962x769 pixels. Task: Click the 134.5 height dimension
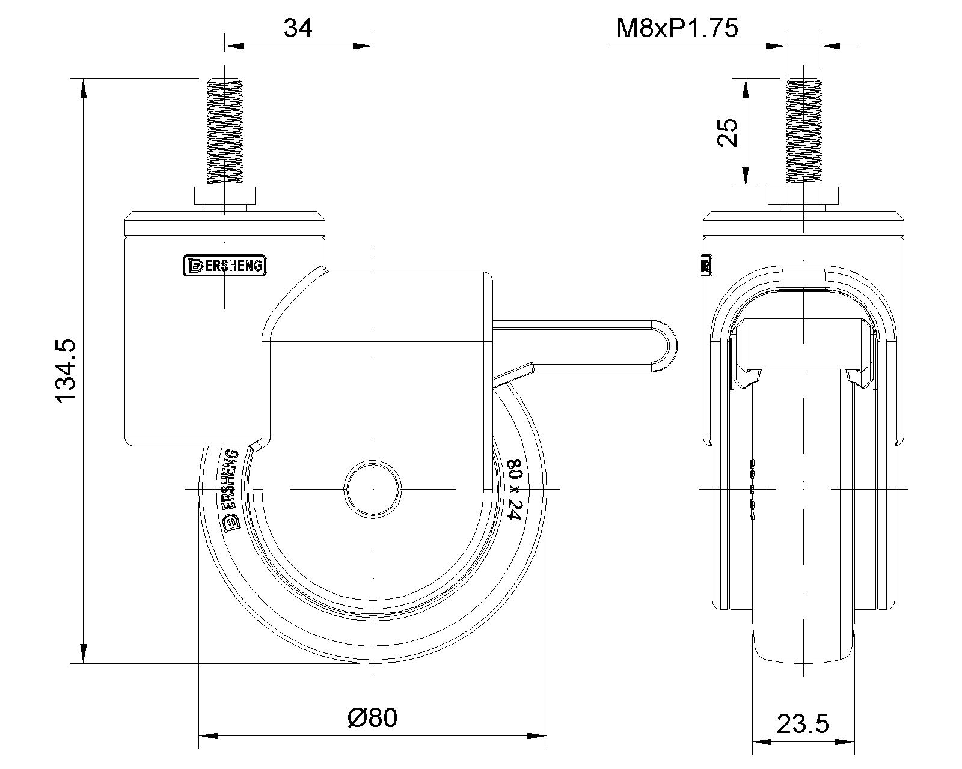tap(66, 371)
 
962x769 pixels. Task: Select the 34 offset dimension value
tap(298, 28)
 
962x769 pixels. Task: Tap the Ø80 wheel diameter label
tap(372, 718)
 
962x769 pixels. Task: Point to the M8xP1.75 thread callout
tap(677, 28)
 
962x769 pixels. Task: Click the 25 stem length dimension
tap(728, 132)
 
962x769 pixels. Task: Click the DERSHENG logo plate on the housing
tap(224, 266)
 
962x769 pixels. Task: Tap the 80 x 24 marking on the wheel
tap(515, 489)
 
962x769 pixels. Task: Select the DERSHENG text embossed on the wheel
tap(231, 489)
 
